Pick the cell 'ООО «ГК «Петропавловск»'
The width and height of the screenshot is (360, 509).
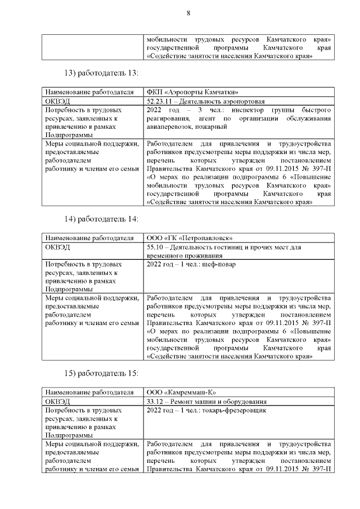(189, 237)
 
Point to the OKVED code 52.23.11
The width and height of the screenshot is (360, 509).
(159, 101)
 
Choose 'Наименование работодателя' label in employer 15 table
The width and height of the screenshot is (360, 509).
(89, 392)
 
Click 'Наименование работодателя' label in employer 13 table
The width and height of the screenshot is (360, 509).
(89, 92)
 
